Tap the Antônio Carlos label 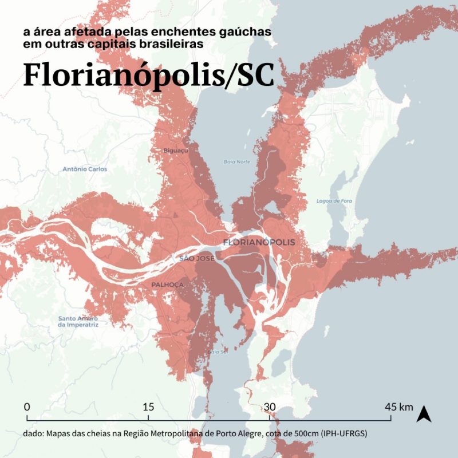click(85, 169)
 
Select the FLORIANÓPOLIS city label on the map click(259, 242)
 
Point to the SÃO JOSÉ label click(196, 259)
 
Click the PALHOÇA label click(168, 285)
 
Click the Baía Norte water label click(237, 161)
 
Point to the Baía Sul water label click(217, 352)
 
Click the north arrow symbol click(424, 413)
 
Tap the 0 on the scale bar click(27, 407)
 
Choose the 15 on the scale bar click(148, 407)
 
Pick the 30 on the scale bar click(270, 407)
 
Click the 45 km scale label click(398, 407)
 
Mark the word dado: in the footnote click(34, 434)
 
